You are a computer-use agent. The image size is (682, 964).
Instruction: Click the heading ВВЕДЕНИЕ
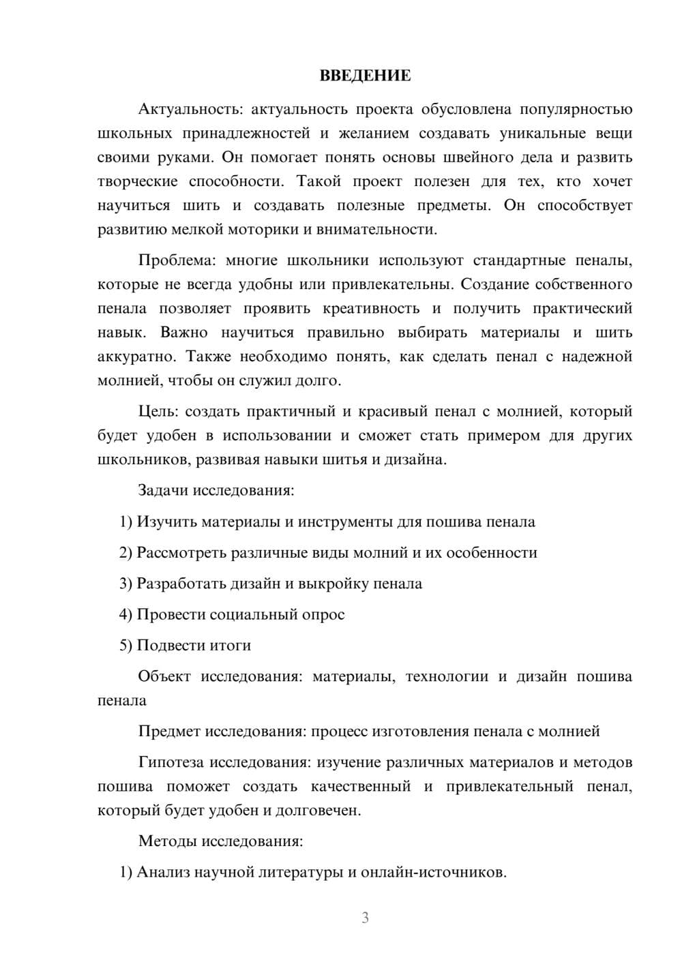click(365, 76)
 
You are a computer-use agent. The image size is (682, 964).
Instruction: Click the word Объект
click(164, 676)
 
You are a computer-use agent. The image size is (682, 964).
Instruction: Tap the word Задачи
click(164, 490)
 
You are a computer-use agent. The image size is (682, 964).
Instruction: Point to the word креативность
click(372, 308)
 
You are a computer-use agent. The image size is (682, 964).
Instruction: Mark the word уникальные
click(535, 133)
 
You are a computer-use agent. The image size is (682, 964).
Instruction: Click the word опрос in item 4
click(323, 615)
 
